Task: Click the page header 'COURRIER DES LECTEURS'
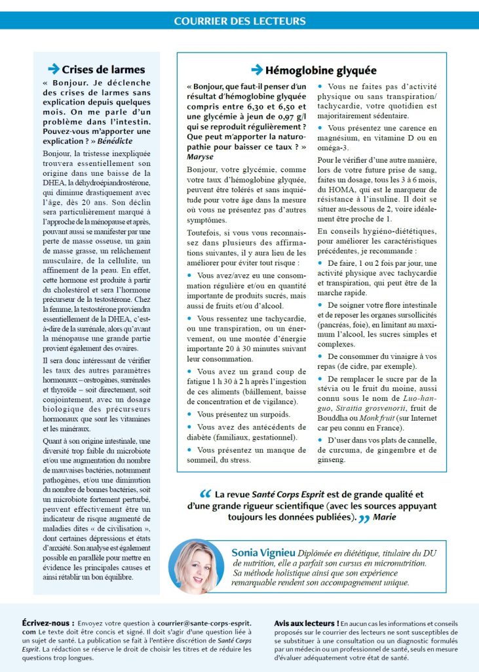[239, 21]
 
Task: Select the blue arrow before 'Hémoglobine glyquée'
[257, 70]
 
